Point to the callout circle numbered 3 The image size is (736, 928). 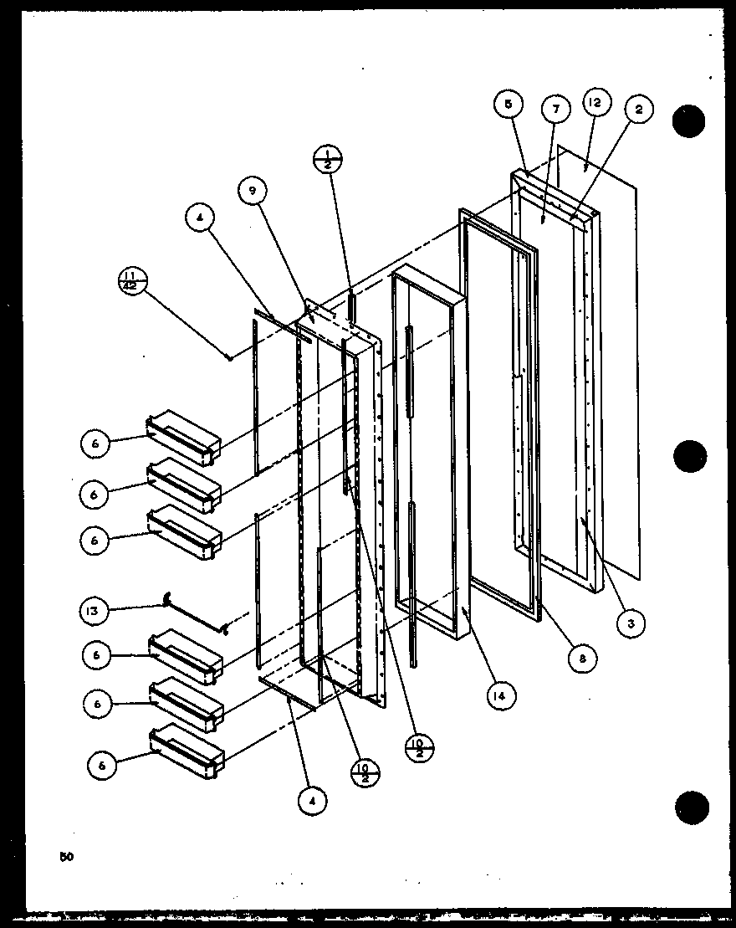point(631,622)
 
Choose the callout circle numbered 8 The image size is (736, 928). point(582,658)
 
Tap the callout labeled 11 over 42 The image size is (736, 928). point(134,279)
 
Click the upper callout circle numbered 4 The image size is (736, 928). point(202,219)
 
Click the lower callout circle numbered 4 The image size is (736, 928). point(311,802)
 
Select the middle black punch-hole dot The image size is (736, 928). point(690,456)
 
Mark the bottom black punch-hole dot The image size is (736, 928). point(691,807)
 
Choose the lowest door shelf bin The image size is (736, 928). point(187,749)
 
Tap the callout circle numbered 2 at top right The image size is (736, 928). point(638,110)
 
